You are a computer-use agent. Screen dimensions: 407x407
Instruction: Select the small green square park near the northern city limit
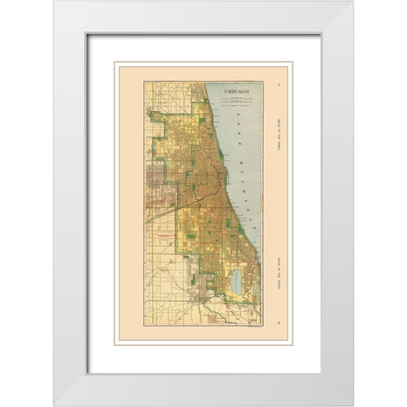pyautogui.click(x=202, y=121)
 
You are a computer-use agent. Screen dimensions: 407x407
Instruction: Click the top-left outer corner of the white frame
pyautogui.click(x=54, y=2)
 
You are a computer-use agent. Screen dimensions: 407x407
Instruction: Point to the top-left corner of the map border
pyautogui.click(x=143, y=81)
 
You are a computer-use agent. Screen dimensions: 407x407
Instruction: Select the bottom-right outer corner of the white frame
pyautogui.click(x=353, y=405)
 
